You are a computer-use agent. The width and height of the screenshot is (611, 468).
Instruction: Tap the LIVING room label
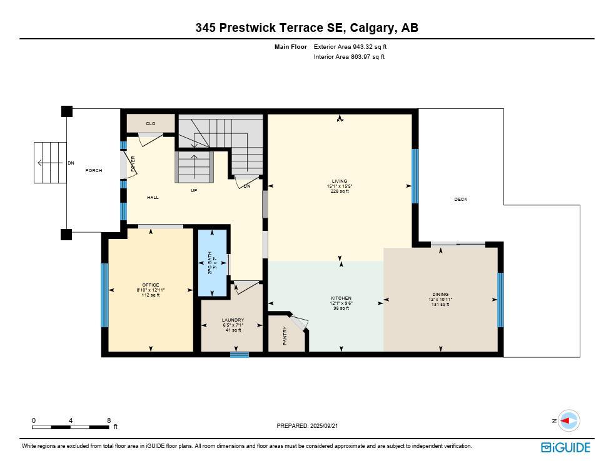pyautogui.click(x=340, y=181)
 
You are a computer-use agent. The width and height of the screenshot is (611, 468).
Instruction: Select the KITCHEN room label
pyautogui.click(x=341, y=298)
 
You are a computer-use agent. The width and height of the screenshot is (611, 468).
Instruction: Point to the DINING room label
pyautogui.click(x=440, y=295)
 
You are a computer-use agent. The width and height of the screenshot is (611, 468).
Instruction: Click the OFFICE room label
pyautogui.click(x=150, y=285)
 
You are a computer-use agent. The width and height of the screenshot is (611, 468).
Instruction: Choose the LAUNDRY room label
pyautogui.click(x=232, y=320)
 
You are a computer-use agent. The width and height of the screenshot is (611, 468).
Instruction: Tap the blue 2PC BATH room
pyautogui.click(x=213, y=263)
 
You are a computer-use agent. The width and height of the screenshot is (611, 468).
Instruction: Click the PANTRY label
pyautogui.click(x=285, y=335)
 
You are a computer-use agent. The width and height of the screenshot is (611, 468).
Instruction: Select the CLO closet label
pyautogui.click(x=151, y=124)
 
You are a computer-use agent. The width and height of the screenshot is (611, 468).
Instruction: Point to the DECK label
pyautogui.click(x=460, y=200)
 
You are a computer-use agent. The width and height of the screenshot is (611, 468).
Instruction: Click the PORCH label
pyautogui.click(x=94, y=171)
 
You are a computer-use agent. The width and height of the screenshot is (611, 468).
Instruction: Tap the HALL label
pyautogui.click(x=153, y=198)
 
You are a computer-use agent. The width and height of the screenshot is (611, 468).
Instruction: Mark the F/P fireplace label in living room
pyautogui.click(x=340, y=120)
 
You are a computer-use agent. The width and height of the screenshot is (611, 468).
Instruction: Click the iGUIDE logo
pyautogui.click(x=565, y=447)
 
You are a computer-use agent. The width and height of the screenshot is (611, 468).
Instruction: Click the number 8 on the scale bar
pyautogui.click(x=109, y=421)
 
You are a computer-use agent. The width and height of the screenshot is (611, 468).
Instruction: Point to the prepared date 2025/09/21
pyautogui.click(x=307, y=426)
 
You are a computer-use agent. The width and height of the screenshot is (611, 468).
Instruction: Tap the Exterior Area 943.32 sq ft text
pyautogui.click(x=354, y=46)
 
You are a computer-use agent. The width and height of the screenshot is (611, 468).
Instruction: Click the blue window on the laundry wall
pyautogui.click(x=239, y=355)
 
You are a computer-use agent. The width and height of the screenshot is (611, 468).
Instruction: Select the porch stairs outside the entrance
pyautogui.click(x=50, y=163)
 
